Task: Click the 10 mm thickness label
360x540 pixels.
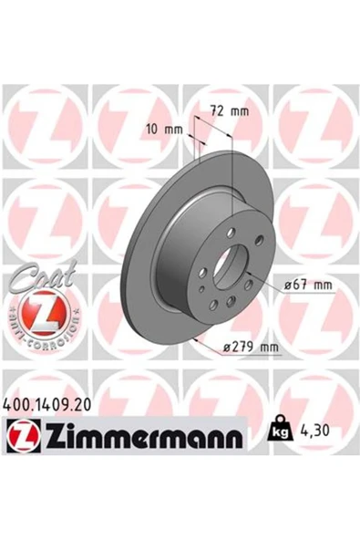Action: [x=164, y=130]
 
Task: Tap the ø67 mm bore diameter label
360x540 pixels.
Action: [x=308, y=286]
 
